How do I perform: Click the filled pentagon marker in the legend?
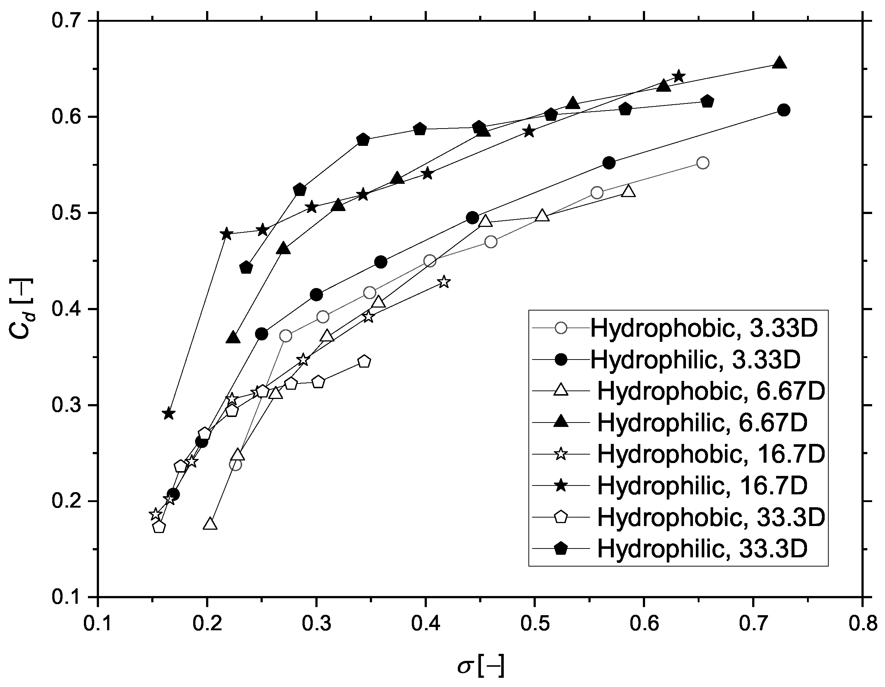tap(561, 548)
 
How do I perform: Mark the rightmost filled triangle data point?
tap(780, 63)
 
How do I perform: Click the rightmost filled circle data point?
tap(784, 110)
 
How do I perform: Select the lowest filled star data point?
tap(169, 414)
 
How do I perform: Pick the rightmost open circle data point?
tap(703, 163)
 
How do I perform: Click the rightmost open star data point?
tap(444, 281)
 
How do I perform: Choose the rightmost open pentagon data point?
tap(364, 361)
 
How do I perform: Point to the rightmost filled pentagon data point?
tap(708, 101)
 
